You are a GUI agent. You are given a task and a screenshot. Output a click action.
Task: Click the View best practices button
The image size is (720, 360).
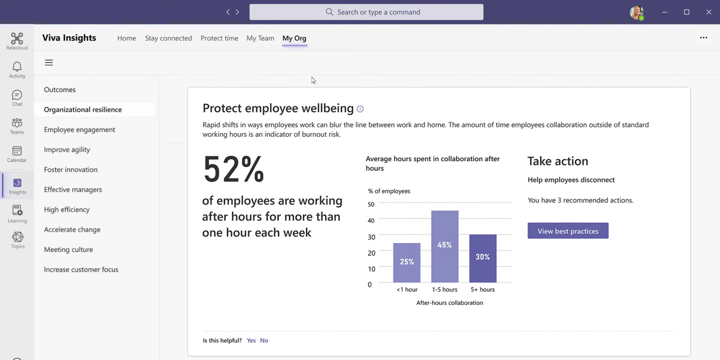(x=568, y=231)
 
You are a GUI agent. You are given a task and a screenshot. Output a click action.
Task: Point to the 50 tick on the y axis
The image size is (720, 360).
(x=371, y=204)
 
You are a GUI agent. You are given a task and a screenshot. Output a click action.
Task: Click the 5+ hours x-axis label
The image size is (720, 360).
(x=482, y=289)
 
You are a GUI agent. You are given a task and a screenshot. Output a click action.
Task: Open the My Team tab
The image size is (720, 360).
(x=260, y=38)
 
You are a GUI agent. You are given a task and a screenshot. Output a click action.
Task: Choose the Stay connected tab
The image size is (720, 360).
(x=168, y=38)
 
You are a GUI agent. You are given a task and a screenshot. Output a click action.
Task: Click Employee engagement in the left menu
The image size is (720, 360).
(x=80, y=130)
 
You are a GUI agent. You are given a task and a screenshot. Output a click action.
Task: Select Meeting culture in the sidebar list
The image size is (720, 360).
(x=68, y=249)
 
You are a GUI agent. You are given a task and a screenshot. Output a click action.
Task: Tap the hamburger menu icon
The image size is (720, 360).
(x=49, y=63)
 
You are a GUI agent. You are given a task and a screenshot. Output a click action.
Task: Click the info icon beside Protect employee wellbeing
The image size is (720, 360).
(x=360, y=109)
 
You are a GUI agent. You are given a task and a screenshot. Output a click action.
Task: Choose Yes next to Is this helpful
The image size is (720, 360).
(x=251, y=341)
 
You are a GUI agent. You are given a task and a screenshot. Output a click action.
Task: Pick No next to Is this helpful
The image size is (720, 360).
(x=264, y=341)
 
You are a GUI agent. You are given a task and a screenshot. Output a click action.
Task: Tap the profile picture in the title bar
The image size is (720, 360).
(x=636, y=12)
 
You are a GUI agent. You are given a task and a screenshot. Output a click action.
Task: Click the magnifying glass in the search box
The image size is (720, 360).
(x=329, y=12)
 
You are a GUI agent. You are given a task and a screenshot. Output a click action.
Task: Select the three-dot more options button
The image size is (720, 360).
(x=703, y=38)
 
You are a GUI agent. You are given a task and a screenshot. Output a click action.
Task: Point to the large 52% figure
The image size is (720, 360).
(x=234, y=168)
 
